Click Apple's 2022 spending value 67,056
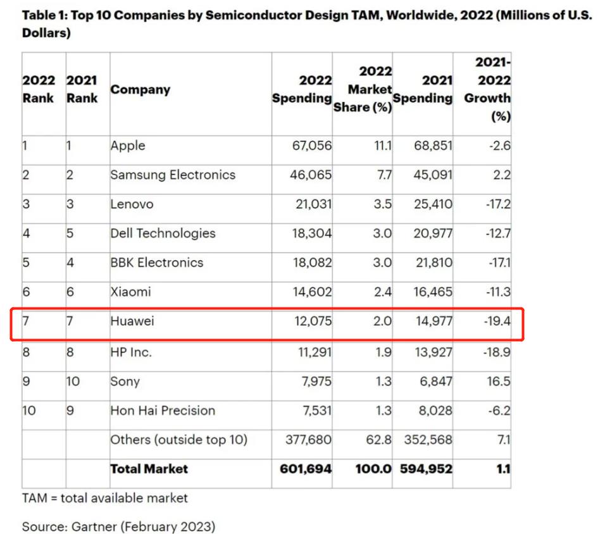click(312, 146)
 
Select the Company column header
click(140, 89)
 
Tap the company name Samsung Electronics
click(173, 175)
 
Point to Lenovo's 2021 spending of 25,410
click(433, 204)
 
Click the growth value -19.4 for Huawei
click(497, 321)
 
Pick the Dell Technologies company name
click(163, 233)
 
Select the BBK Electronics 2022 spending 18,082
click(312, 263)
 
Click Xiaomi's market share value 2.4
click(382, 292)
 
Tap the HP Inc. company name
click(131, 352)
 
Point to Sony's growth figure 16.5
click(498, 382)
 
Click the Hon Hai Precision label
click(163, 411)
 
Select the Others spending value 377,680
click(308, 440)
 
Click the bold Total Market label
click(149, 469)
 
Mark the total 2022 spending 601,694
click(306, 469)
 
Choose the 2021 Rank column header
click(82, 89)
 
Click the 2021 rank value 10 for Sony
click(73, 382)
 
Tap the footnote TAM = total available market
click(105, 498)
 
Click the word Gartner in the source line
click(94, 526)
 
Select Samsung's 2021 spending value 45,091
click(433, 175)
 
